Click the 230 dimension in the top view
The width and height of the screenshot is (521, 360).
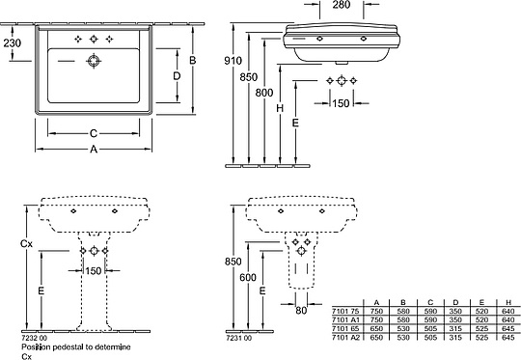[13, 42]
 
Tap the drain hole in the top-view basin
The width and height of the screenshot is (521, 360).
[96, 60]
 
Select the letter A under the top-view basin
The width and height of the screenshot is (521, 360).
[94, 150]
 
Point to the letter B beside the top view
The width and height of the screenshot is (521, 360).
[194, 60]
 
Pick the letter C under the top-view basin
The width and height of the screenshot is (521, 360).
[94, 132]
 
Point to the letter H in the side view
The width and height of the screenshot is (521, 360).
[281, 110]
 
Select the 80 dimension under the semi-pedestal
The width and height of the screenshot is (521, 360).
[301, 311]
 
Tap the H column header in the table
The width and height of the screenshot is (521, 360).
[507, 303]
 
